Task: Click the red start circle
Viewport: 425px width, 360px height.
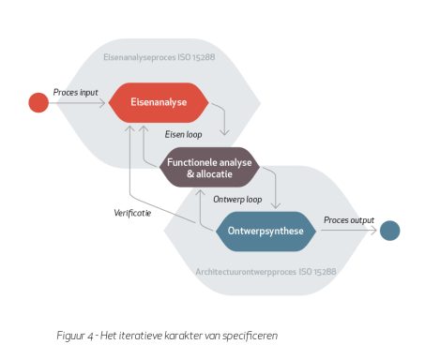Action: click(38, 102)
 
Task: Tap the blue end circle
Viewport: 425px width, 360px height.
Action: click(389, 231)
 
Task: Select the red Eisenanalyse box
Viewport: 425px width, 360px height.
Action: click(159, 102)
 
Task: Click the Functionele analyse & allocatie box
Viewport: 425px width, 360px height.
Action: click(209, 168)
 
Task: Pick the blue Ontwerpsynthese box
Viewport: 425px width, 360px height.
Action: click(266, 232)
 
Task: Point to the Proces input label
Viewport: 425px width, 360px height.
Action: click(75, 93)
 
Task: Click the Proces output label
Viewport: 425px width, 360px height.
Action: click(349, 220)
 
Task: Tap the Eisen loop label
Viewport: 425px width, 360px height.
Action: click(183, 134)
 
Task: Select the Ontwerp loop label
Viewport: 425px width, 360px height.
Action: click(237, 200)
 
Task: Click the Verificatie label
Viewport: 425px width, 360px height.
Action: click(132, 213)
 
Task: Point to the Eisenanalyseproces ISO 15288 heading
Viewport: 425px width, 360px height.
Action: click(159, 57)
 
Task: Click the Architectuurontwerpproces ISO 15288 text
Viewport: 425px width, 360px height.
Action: click(266, 272)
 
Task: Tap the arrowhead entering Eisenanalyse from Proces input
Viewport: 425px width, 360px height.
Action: click(102, 103)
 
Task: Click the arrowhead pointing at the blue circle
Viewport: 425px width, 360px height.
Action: click(373, 231)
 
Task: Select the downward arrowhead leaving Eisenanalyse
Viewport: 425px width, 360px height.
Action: click(224, 132)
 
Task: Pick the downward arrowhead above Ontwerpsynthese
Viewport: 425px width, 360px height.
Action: click(276, 205)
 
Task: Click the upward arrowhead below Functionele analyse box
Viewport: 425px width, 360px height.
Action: click(200, 192)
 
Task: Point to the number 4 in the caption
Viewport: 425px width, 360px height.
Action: click(91, 337)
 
